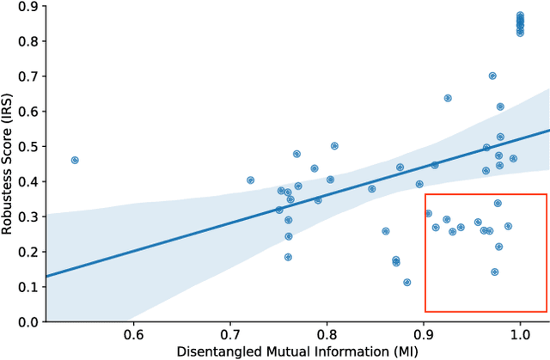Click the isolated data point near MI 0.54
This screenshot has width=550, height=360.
point(75,160)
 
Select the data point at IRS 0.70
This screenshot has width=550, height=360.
point(492,76)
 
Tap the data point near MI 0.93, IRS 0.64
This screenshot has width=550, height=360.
point(448,98)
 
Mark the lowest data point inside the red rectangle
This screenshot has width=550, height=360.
point(495,272)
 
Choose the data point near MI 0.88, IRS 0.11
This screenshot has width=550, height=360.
point(407,282)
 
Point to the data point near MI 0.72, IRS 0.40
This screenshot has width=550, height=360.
point(250,180)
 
